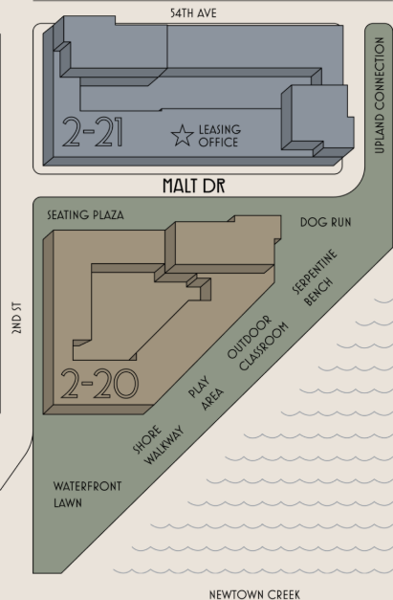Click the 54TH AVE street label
tap(193, 13)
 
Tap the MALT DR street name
tap(194, 186)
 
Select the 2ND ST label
tap(17, 318)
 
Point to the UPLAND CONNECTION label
tap(380, 96)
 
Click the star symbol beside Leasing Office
tap(183, 136)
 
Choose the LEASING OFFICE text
tap(219, 136)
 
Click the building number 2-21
tap(93, 132)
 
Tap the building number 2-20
tap(99, 384)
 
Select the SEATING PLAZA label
tap(86, 215)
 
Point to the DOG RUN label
tap(326, 222)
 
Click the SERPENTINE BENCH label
tap(316, 278)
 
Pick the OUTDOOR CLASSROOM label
tap(258, 343)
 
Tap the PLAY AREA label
tap(206, 393)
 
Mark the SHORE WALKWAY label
tap(159, 445)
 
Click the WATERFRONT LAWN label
tap(88, 495)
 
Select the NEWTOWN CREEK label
tap(254, 594)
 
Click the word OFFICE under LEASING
tap(218, 142)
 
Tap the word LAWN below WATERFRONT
tap(68, 502)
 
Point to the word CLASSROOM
tap(264, 346)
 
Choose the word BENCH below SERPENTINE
tap(319, 292)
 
